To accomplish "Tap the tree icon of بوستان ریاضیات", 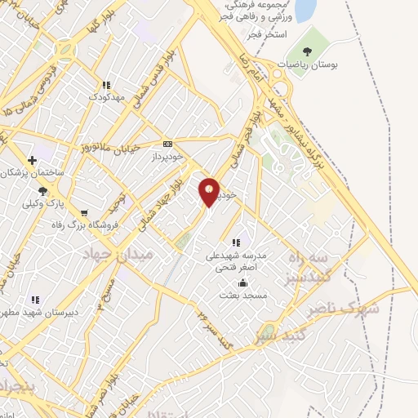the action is click(307, 52).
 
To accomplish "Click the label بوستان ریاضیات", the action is click(307, 64).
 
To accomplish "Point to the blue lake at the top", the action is click(305, 10).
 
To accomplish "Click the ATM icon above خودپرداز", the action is click(168, 143).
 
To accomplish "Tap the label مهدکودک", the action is click(106, 96).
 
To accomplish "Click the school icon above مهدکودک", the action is click(106, 85).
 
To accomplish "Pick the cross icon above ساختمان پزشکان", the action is click(32, 160).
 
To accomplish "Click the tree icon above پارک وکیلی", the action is click(42, 191).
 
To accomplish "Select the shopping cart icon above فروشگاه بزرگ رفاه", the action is click(83, 213).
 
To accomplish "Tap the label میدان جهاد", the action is click(112, 256).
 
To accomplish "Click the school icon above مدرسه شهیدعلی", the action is click(236, 242).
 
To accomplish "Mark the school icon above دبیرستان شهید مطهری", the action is click(35, 300).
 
